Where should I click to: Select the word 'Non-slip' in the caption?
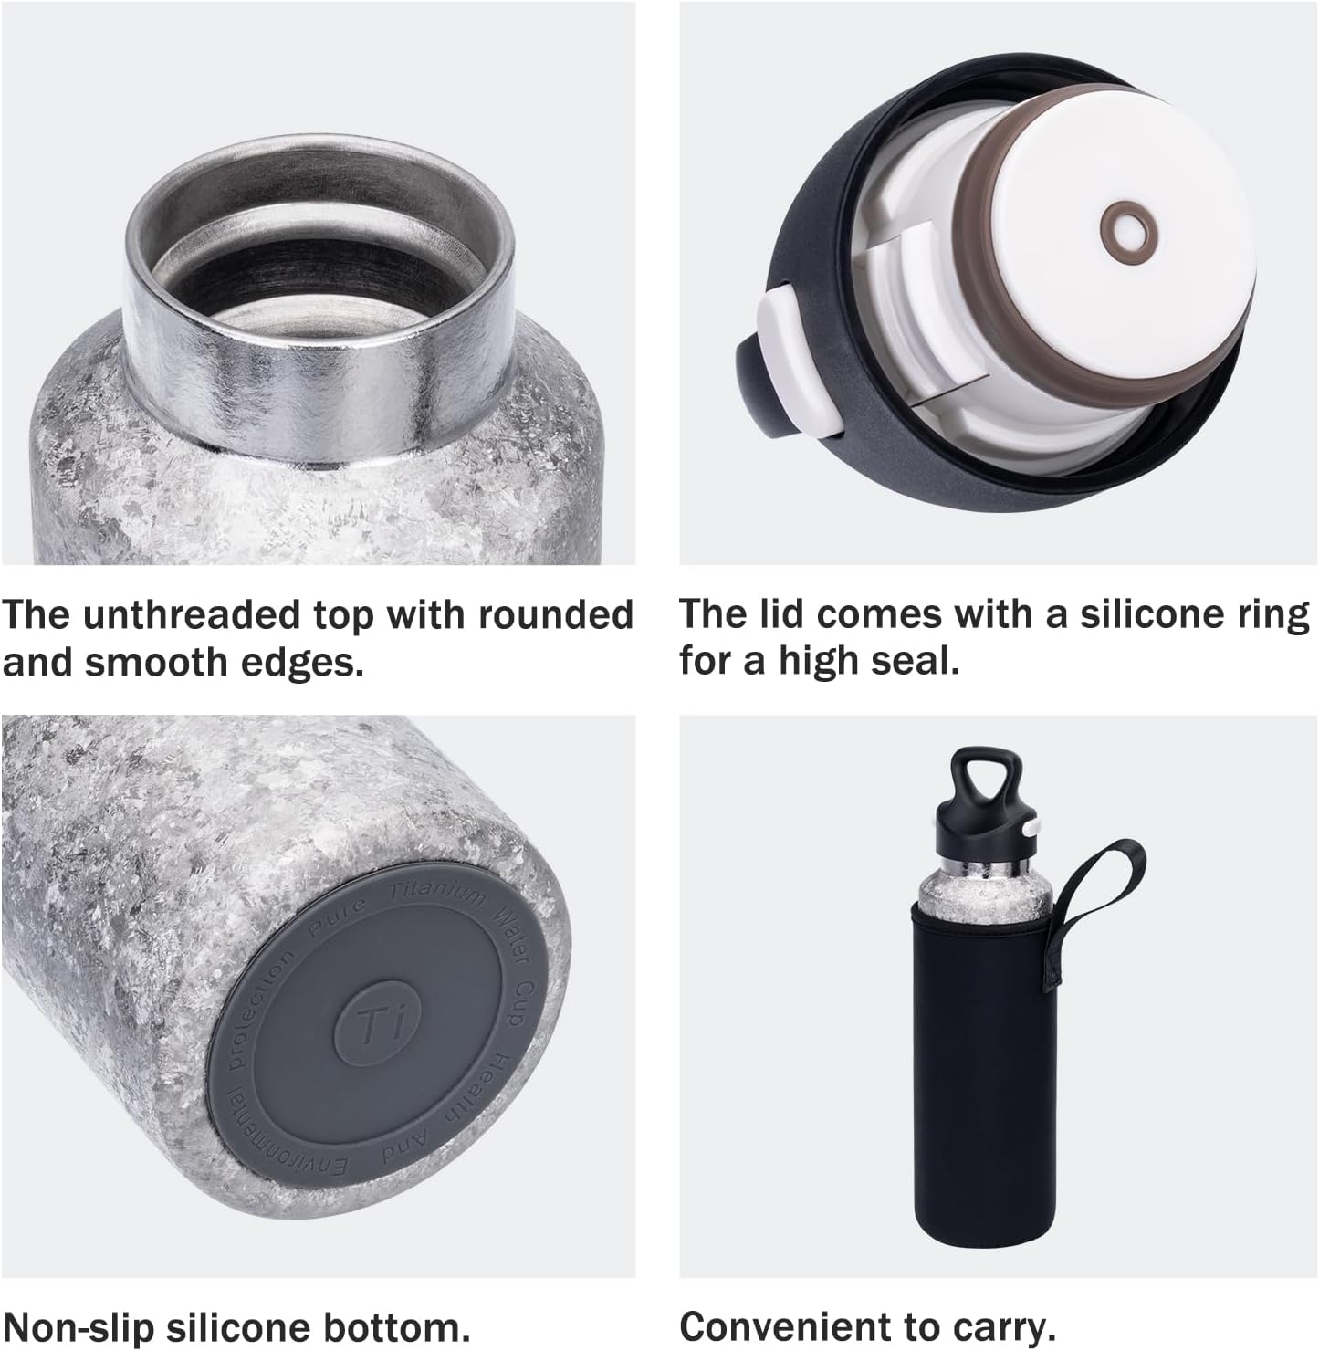pyautogui.click(x=79, y=1327)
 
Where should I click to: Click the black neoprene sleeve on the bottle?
pyautogui.click(x=984, y=1069)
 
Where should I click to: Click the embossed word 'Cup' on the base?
pyautogui.click(x=522, y=1002)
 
